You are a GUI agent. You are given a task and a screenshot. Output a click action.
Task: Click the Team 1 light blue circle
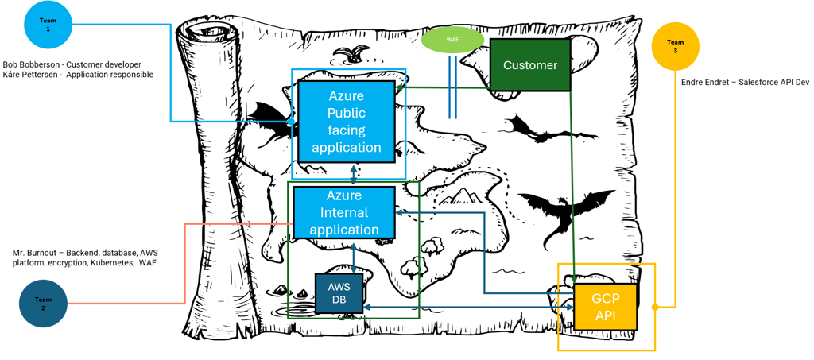pyautogui.click(x=48, y=25)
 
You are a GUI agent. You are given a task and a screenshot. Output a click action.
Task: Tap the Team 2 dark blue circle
pyautogui.click(x=43, y=304)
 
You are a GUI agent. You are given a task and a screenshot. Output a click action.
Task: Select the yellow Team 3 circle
pyautogui.click(x=675, y=46)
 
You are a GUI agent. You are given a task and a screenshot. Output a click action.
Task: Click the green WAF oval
pyautogui.click(x=452, y=39)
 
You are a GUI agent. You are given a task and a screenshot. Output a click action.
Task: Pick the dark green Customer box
pyautogui.click(x=529, y=65)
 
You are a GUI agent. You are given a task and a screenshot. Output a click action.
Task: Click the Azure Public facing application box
pyautogui.click(x=347, y=122)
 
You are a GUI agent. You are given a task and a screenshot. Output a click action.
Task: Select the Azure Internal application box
pyautogui.click(x=344, y=213)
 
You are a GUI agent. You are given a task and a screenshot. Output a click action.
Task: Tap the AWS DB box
pyautogui.click(x=339, y=293)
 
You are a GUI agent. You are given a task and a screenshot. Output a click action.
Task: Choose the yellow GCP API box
pyautogui.click(x=605, y=306)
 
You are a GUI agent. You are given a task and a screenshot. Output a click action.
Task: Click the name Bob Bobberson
pyautogui.click(x=30, y=64)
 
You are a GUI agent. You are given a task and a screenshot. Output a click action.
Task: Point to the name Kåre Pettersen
pyautogui.click(x=31, y=75)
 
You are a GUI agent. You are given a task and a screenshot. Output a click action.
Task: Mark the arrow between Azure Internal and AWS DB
pyautogui.click(x=353, y=257)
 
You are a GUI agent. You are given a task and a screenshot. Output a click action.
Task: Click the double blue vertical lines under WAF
pyautogui.click(x=453, y=87)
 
